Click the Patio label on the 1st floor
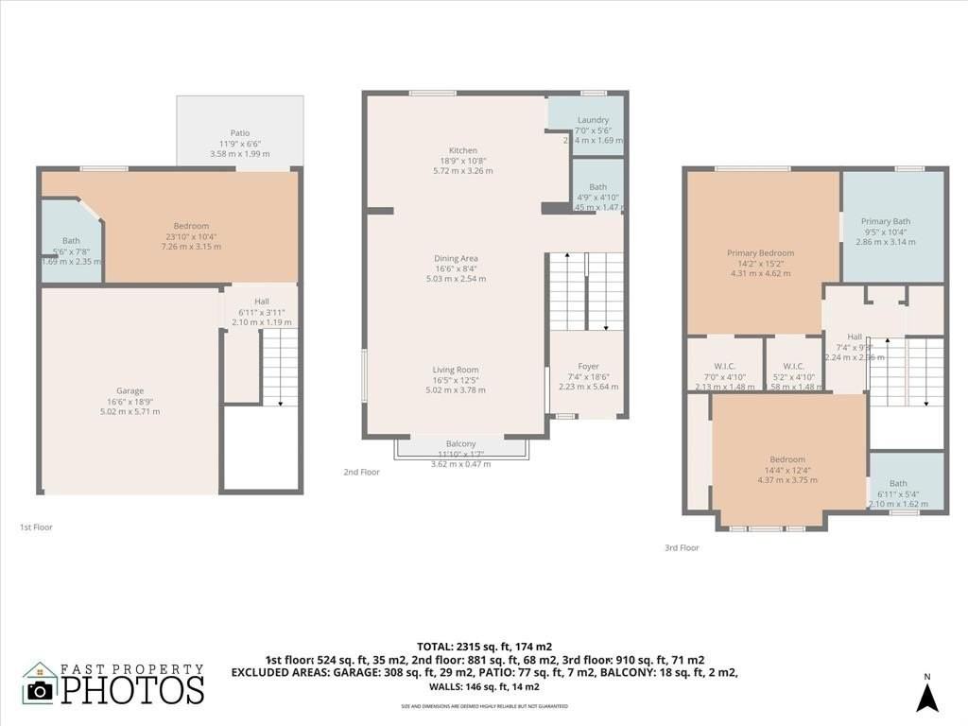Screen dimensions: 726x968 (240, 133)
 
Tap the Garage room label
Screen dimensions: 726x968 (130, 390)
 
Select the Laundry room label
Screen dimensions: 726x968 (593, 120)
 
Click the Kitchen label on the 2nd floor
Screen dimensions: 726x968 (463, 150)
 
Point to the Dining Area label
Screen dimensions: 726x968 (456, 258)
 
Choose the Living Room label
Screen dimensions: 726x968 (456, 370)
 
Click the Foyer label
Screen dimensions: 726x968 (588, 366)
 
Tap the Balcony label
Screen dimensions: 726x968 (461, 443)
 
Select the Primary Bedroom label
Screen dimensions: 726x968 (760, 252)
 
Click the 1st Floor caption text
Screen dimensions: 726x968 (36, 527)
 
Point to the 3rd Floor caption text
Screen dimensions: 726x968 (682, 547)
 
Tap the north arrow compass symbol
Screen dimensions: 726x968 (927, 697)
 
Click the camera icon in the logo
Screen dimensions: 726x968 (40, 690)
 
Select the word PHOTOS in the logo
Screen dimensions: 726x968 (132, 689)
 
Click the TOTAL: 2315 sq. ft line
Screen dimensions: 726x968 (483, 647)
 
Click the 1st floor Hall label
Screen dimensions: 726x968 (262, 302)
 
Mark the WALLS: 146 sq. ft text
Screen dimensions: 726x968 (483, 686)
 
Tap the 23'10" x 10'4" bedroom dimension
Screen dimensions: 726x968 (191, 236)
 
